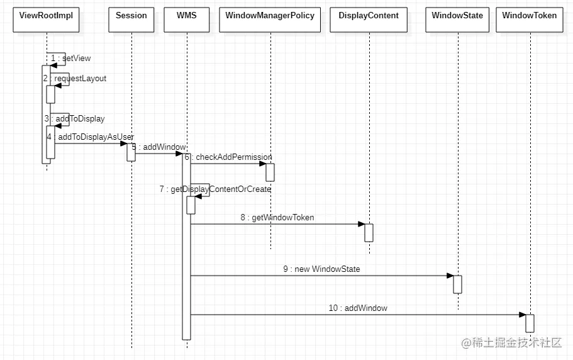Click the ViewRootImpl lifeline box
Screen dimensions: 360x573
tap(47, 20)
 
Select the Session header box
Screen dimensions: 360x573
tap(131, 20)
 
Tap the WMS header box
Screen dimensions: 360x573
tap(186, 20)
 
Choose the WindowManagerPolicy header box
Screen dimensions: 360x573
tap(270, 20)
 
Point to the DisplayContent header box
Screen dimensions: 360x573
tap(369, 20)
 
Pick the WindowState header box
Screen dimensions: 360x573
tap(458, 20)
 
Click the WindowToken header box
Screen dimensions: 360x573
tap(530, 20)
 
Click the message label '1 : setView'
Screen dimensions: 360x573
tap(71, 59)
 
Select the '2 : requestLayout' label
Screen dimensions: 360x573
tap(75, 79)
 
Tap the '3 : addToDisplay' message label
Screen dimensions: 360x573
tap(74, 118)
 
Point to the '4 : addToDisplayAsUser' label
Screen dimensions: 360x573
tap(90, 137)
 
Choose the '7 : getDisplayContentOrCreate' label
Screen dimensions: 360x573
tap(215, 189)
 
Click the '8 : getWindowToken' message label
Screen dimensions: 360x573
tap(277, 218)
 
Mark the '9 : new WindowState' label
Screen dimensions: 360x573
tap(321, 269)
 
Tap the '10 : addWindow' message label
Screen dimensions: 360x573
tap(358, 308)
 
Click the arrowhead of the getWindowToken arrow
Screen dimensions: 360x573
tap(361, 224)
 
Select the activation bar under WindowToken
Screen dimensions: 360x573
tap(530, 323)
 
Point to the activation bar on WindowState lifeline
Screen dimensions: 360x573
tap(458, 284)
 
